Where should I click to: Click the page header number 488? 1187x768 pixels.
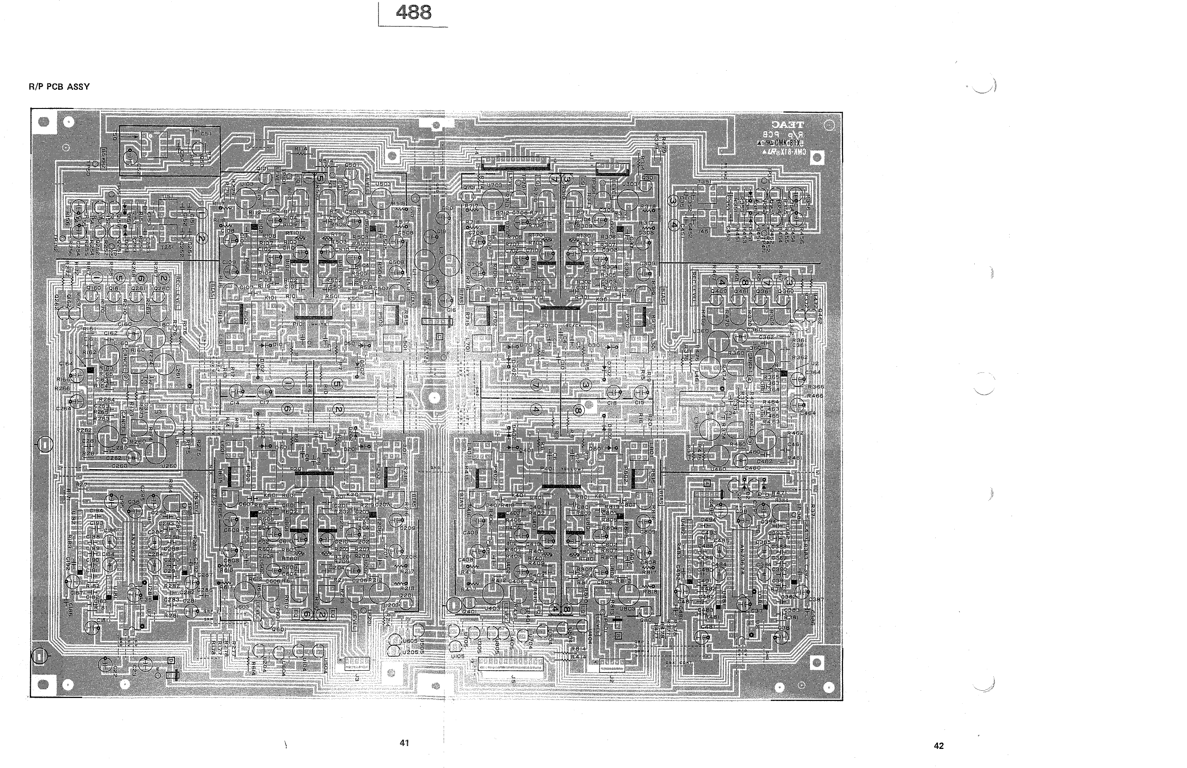(x=413, y=13)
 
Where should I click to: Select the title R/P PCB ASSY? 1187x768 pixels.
(x=60, y=87)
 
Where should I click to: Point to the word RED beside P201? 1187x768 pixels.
(x=330, y=469)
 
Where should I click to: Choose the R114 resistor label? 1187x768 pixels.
(x=301, y=148)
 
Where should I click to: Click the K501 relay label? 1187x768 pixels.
(x=355, y=298)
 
